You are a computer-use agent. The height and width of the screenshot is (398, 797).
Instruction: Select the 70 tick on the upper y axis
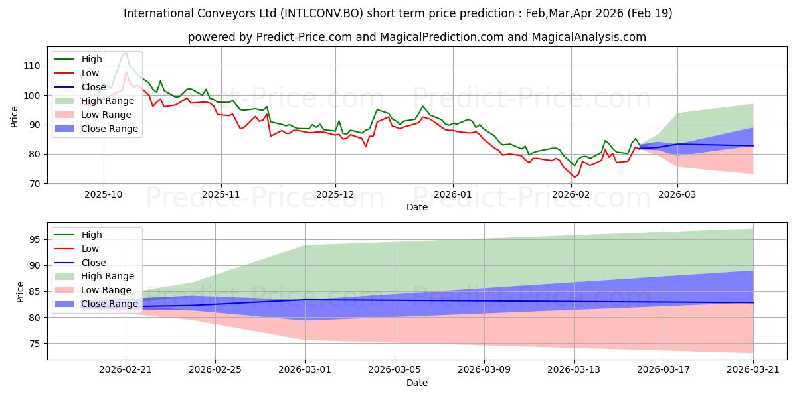[33, 183]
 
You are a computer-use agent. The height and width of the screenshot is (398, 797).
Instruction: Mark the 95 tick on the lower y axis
[33, 239]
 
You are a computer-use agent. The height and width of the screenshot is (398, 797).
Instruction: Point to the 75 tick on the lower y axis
[33, 344]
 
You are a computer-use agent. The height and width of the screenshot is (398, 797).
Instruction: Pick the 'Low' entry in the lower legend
[90, 249]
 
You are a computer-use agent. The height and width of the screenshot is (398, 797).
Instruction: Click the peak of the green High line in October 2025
[126, 52]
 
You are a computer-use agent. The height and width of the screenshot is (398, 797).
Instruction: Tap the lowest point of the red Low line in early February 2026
[575, 177]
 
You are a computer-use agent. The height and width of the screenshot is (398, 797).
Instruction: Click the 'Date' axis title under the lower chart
[417, 383]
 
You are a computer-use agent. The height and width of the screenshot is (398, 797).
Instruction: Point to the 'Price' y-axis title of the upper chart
[15, 118]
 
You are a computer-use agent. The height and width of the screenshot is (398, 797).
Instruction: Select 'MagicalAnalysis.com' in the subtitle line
[590, 37]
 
